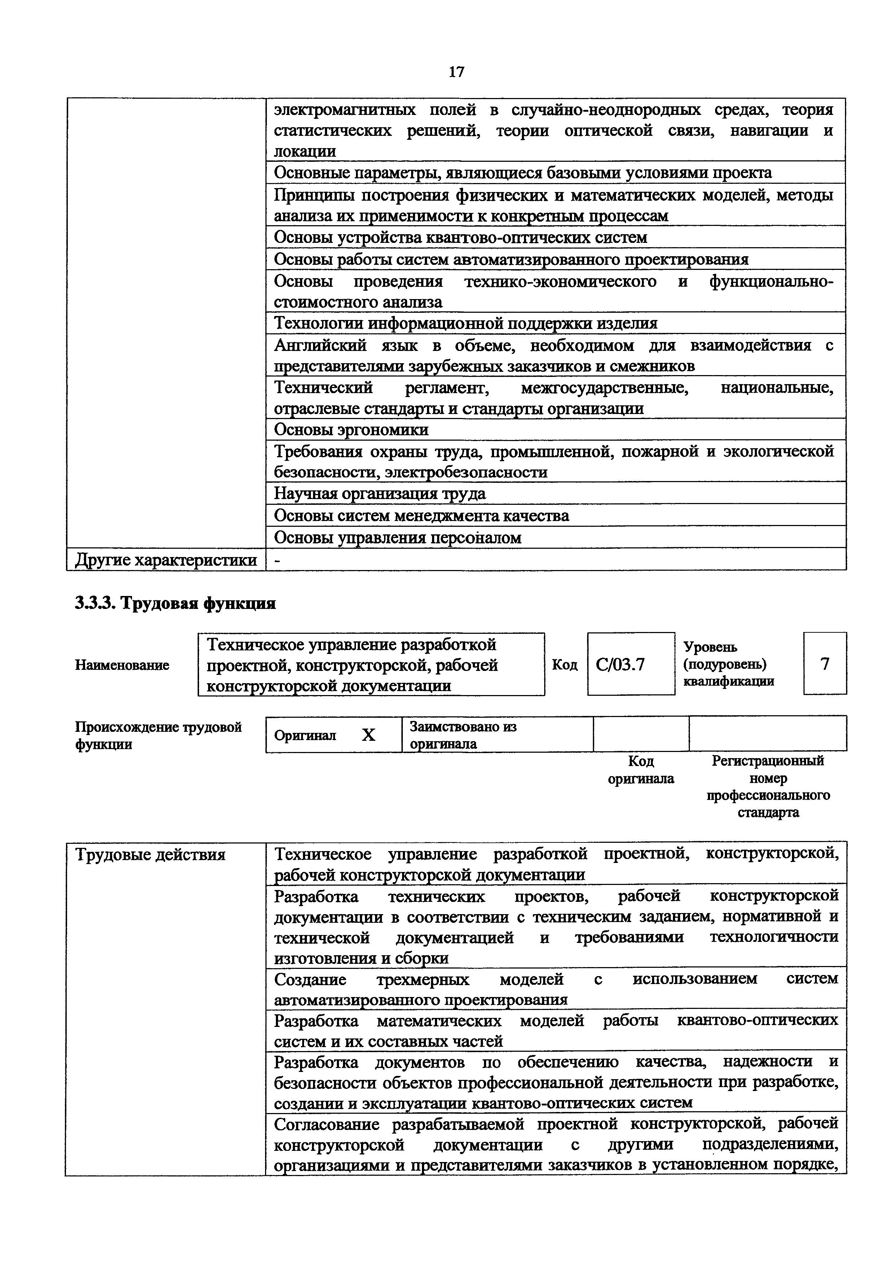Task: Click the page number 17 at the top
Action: click(x=456, y=72)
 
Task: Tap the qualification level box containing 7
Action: click(x=825, y=664)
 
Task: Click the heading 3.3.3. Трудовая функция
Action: click(x=175, y=604)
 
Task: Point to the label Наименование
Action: click(x=122, y=665)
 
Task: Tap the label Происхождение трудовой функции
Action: click(x=158, y=735)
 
